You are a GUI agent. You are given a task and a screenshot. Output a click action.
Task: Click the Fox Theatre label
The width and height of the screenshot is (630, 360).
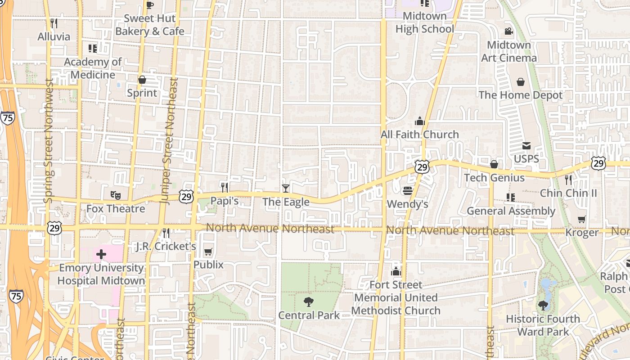(x=116, y=209)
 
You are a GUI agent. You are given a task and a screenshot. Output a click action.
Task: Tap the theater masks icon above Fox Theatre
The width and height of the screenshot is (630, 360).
(x=116, y=195)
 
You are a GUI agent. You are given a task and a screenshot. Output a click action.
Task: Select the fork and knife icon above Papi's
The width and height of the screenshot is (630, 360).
(x=225, y=187)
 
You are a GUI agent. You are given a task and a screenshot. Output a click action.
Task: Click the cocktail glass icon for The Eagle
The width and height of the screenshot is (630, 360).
(x=285, y=188)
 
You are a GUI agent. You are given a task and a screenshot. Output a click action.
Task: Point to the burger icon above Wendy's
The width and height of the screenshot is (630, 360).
(x=408, y=191)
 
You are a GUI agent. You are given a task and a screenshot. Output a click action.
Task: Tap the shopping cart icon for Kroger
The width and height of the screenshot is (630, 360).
(x=582, y=219)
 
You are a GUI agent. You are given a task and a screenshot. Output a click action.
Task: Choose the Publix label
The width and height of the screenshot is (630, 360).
(x=208, y=265)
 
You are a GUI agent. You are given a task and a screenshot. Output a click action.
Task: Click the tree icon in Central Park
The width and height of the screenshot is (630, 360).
(x=309, y=301)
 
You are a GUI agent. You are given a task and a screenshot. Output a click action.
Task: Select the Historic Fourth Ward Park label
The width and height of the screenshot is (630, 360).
(x=543, y=325)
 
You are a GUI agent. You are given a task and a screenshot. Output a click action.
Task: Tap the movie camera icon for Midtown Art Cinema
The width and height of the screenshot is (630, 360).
(x=509, y=31)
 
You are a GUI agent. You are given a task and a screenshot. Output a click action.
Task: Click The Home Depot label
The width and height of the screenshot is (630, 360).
(x=521, y=95)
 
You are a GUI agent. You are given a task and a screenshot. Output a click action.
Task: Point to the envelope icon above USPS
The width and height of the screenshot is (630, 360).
(x=526, y=146)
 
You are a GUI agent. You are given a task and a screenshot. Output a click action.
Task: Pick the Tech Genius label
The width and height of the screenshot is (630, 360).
(x=494, y=178)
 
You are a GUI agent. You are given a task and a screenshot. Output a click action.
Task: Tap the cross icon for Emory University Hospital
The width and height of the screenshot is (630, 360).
(x=101, y=254)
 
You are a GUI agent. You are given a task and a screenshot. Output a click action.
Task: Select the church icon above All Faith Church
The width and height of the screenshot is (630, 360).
(x=420, y=121)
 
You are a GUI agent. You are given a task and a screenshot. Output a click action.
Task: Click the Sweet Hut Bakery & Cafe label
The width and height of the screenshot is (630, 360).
(x=150, y=25)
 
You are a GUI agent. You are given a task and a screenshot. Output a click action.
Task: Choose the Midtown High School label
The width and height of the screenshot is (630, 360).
(x=425, y=22)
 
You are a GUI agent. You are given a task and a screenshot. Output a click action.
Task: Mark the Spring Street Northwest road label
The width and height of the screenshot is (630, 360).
(x=49, y=141)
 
